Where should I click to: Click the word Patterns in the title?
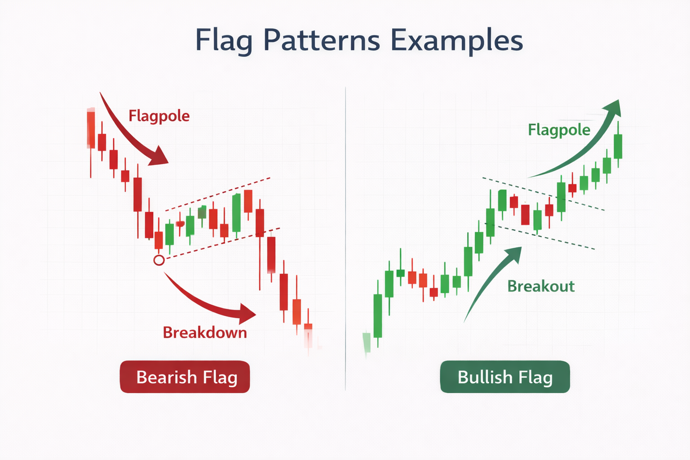tap(322, 40)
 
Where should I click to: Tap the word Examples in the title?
tap(456, 40)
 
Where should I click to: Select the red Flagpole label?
tap(159, 116)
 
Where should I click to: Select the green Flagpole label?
tap(559, 130)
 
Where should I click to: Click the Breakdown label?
tap(205, 332)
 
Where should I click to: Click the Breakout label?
tap(541, 286)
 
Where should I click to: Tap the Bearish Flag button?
tap(185, 377)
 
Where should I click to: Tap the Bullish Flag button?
tap(505, 377)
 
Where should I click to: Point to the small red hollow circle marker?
tap(159, 260)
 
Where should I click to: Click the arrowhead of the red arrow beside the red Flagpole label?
tap(159, 157)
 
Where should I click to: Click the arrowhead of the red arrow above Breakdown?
tap(247, 314)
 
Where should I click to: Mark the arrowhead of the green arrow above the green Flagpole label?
tap(613, 108)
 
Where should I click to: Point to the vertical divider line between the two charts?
tap(345, 238)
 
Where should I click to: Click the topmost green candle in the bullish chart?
tap(618, 146)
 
